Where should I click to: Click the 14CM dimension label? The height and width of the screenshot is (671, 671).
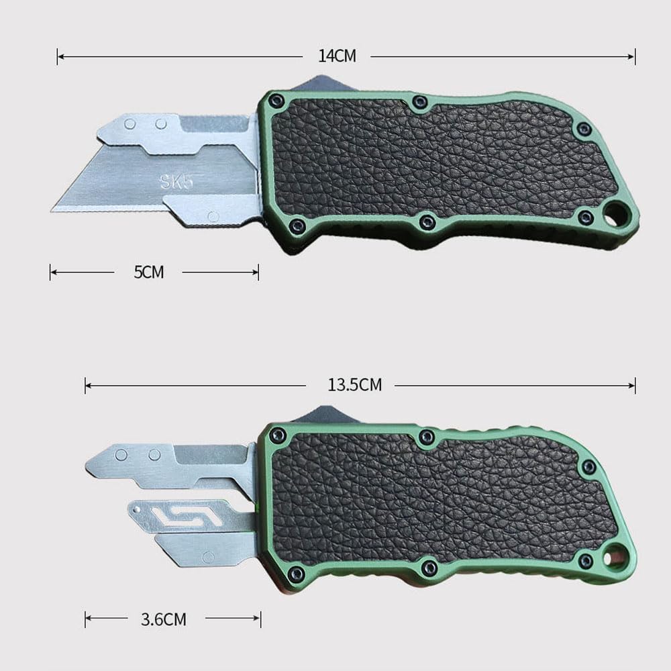pyautogui.click(x=337, y=56)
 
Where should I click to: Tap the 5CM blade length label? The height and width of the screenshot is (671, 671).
pyautogui.click(x=148, y=272)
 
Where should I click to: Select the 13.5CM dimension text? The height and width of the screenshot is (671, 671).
pyautogui.click(x=354, y=385)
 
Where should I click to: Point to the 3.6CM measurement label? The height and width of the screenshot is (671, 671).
pyautogui.click(x=163, y=619)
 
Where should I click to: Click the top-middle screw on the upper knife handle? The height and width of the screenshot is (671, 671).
pyautogui.click(x=420, y=102)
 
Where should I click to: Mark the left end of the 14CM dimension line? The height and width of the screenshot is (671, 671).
pyautogui.click(x=58, y=56)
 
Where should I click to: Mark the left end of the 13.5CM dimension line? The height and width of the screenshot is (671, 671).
pyautogui.click(x=85, y=385)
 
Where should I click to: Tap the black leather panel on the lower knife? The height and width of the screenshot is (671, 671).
pyautogui.click(x=436, y=497)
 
